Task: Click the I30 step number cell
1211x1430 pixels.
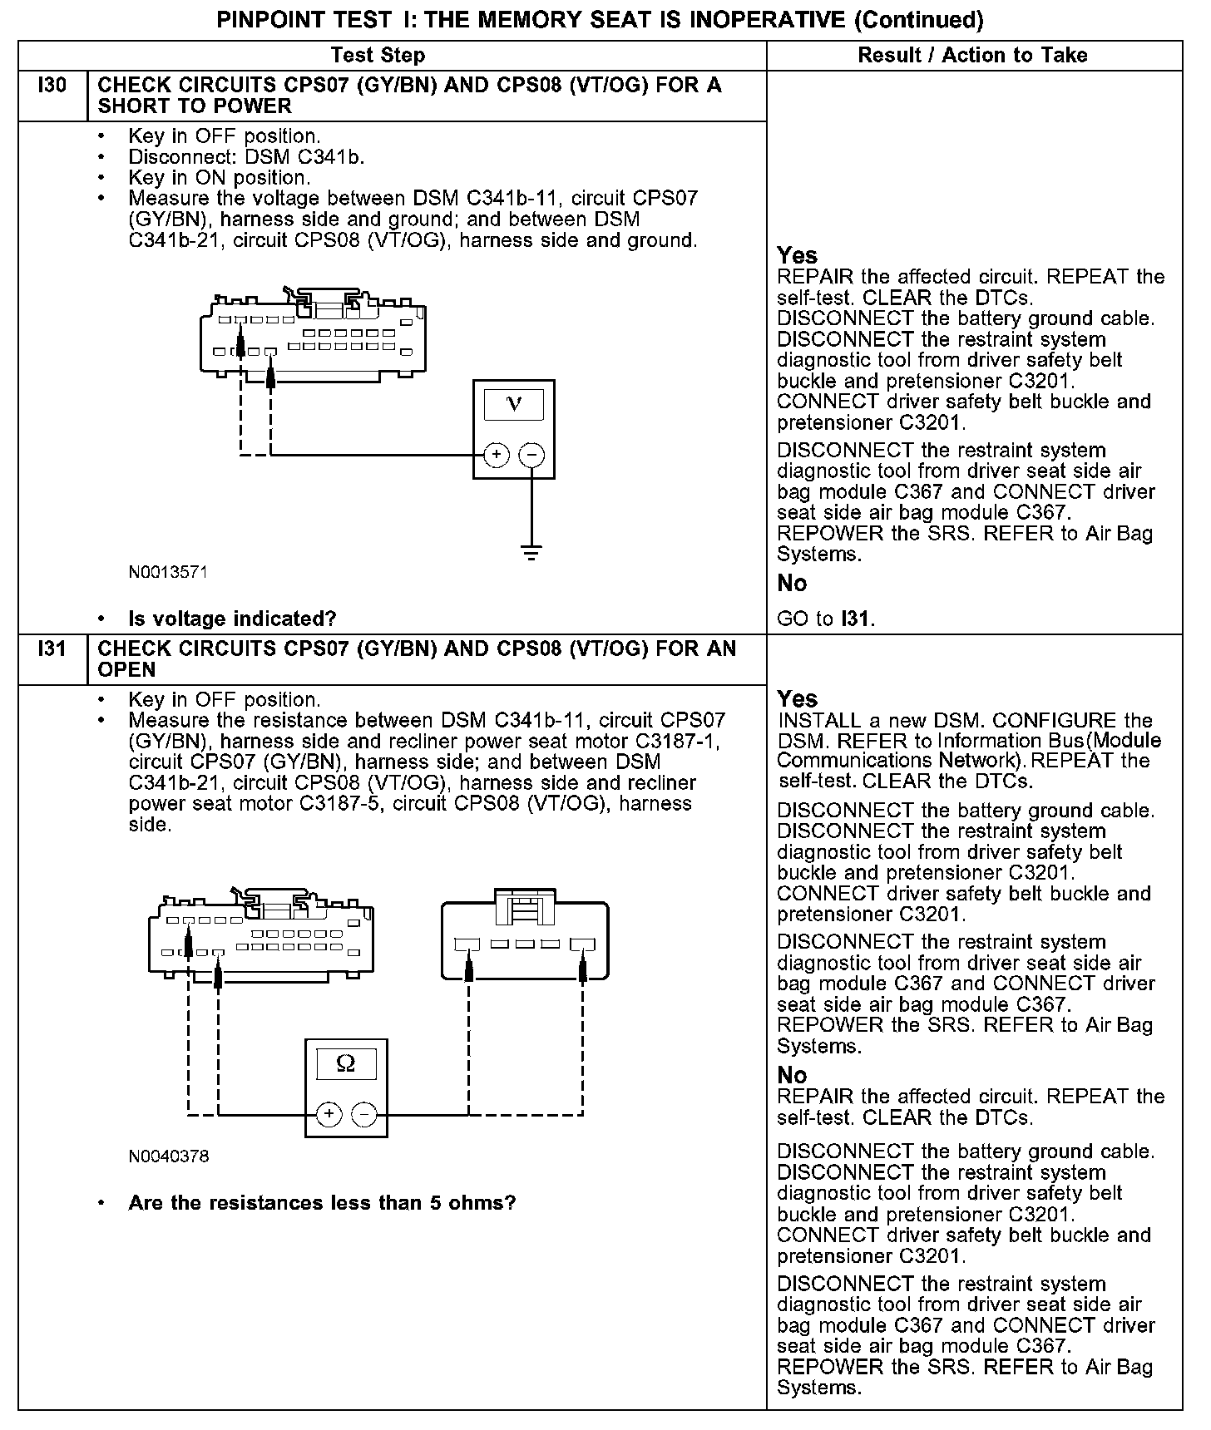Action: (52, 86)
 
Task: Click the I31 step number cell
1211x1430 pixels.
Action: (52, 649)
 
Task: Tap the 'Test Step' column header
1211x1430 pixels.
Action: (378, 56)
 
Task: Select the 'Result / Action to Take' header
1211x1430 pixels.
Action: (972, 56)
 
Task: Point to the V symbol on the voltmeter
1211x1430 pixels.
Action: (514, 405)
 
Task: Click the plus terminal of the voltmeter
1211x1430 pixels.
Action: (497, 455)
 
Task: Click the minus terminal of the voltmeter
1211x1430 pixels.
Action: (531, 455)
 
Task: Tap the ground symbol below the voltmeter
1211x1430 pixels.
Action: (531, 551)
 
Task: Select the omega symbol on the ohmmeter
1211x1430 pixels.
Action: (346, 1064)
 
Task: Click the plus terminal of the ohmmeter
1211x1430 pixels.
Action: (329, 1114)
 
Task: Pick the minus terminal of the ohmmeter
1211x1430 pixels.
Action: (364, 1114)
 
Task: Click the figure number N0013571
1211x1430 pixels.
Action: (168, 573)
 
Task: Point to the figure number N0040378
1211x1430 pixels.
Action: (168, 1156)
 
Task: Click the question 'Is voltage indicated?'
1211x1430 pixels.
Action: (232, 619)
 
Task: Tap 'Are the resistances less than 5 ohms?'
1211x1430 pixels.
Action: (322, 1203)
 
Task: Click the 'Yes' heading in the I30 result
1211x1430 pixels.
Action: (797, 255)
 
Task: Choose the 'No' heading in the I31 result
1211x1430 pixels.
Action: (792, 1075)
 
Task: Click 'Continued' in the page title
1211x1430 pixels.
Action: (918, 19)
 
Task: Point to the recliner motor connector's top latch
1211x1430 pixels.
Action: (525, 906)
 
